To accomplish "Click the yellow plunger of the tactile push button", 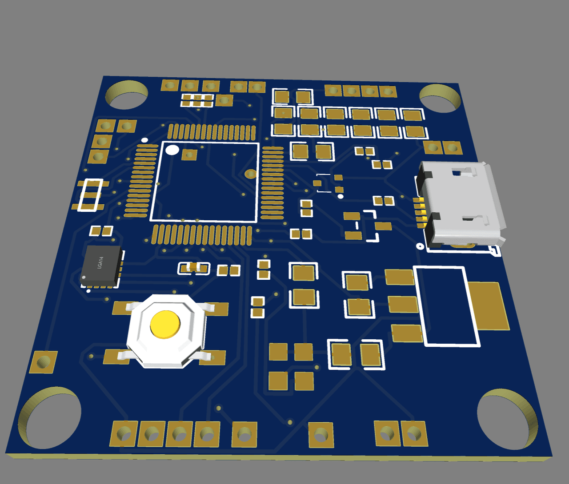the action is click(165, 325).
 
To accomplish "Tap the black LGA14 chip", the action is click(101, 265).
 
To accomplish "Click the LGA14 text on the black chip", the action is click(100, 262).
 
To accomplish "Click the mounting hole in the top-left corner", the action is click(126, 95).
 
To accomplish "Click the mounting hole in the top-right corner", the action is click(440, 98).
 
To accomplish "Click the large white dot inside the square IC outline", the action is click(172, 150).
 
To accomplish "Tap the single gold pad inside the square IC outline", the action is click(189, 155).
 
